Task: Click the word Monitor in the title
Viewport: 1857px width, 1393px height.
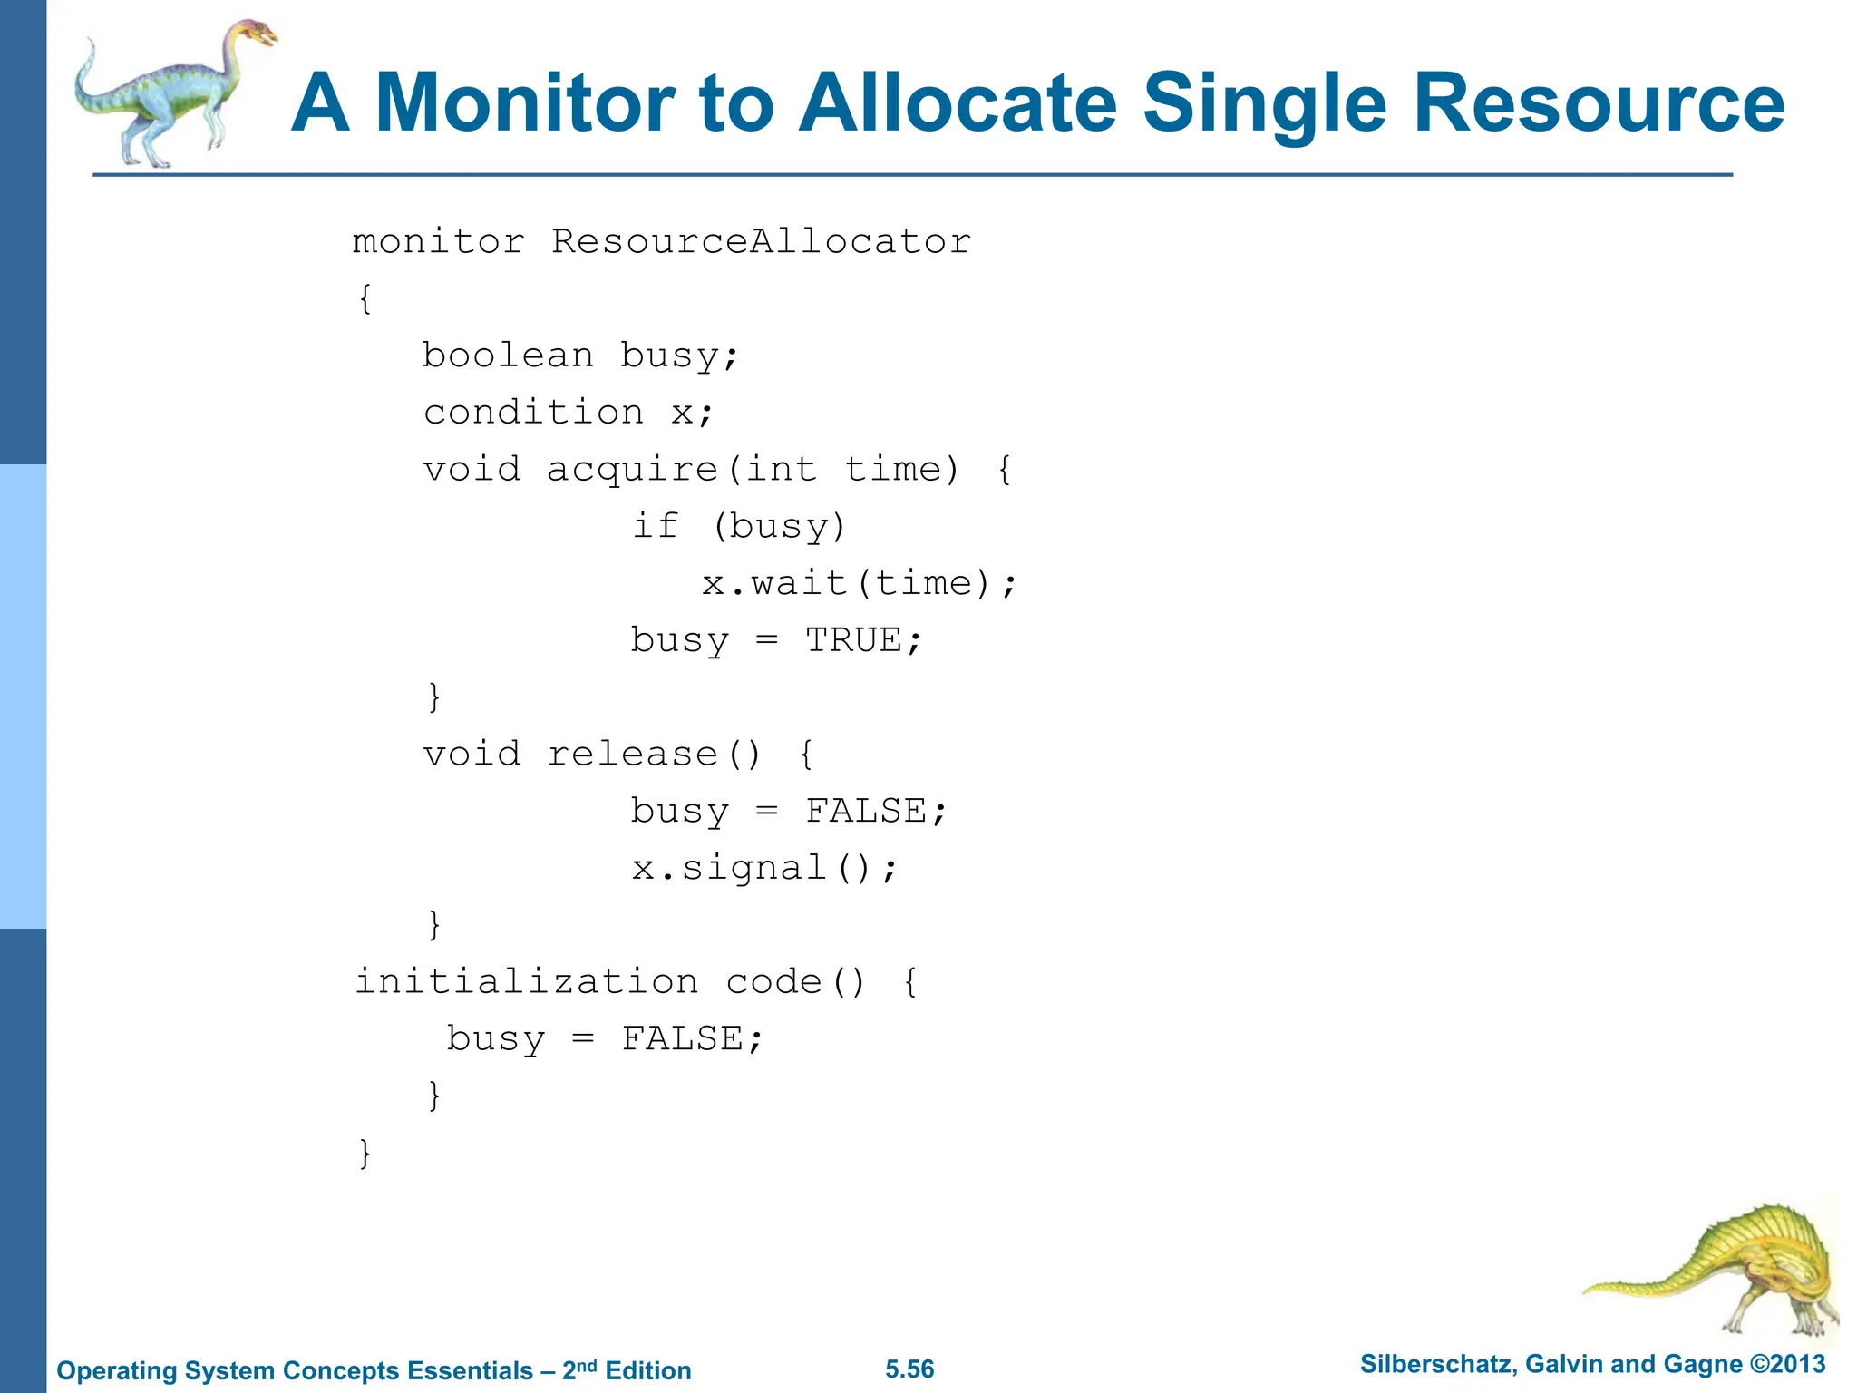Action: tap(525, 103)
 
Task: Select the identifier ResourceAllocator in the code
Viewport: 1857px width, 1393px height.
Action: tap(761, 242)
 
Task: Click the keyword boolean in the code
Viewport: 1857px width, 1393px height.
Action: tap(508, 356)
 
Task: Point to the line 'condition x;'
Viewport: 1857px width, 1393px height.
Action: tap(569, 413)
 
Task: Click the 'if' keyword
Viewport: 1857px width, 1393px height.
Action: tap(655, 526)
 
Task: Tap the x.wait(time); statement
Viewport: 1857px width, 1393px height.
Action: tap(860, 583)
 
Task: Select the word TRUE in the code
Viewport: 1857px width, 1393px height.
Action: tap(853, 640)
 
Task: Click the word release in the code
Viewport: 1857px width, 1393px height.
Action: tap(633, 754)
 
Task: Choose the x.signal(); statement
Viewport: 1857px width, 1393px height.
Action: tap(764, 868)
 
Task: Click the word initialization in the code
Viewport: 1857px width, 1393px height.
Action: tap(527, 981)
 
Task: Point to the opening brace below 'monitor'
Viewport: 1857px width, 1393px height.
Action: tap(365, 298)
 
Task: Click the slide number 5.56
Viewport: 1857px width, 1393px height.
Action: tap(909, 1369)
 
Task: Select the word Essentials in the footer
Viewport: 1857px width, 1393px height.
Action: tap(471, 1370)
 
